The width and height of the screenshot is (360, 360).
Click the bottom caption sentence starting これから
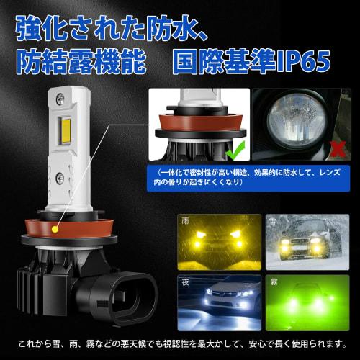click(180, 344)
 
